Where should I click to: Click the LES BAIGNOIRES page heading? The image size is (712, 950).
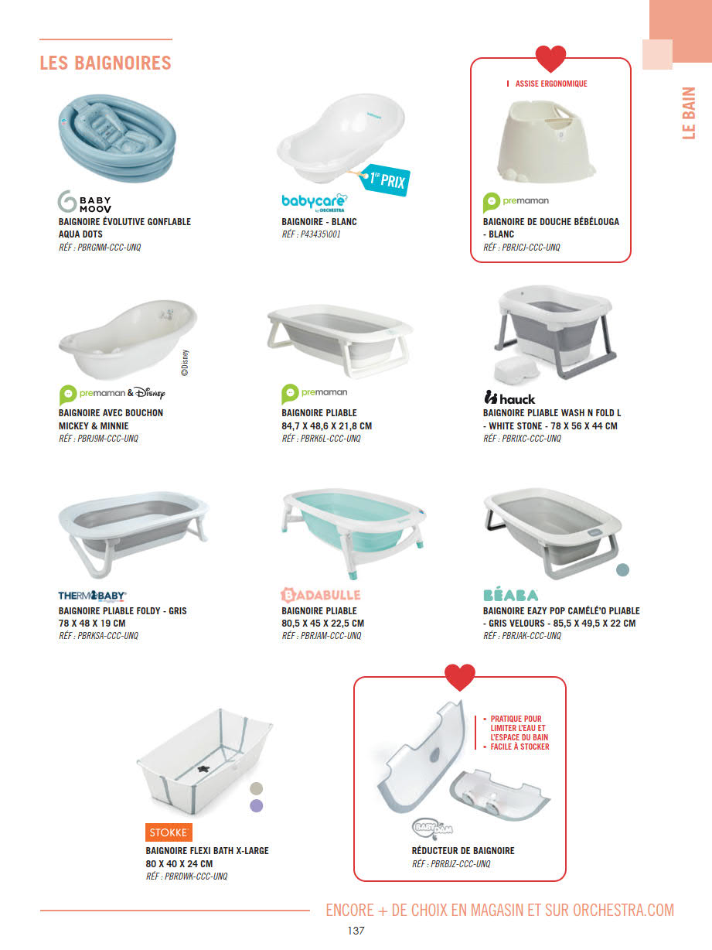click(105, 63)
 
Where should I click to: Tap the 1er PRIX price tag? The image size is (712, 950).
click(384, 179)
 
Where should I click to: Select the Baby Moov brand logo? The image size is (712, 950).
click(85, 201)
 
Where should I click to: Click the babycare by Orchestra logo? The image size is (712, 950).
click(315, 203)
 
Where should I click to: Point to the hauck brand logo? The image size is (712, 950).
click(509, 398)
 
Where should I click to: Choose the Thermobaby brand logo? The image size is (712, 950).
click(92, 596)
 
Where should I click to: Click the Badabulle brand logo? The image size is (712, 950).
click(320, 595)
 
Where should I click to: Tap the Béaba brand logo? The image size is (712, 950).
click(510, 595)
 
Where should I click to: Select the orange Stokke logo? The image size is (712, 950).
click(169, 832)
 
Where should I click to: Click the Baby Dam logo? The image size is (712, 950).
click(432, 829)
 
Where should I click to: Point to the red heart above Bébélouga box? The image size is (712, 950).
click(550, 59)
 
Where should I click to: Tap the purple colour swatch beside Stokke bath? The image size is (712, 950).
click(257, 805)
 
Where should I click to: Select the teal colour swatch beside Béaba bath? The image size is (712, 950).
click(622, 569)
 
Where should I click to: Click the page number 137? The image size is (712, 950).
click(356, 931)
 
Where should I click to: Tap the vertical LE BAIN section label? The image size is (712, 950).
click(689, 113)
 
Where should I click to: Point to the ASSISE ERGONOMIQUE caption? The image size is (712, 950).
click(551, 84)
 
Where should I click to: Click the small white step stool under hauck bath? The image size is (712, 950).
click(516, 369)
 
